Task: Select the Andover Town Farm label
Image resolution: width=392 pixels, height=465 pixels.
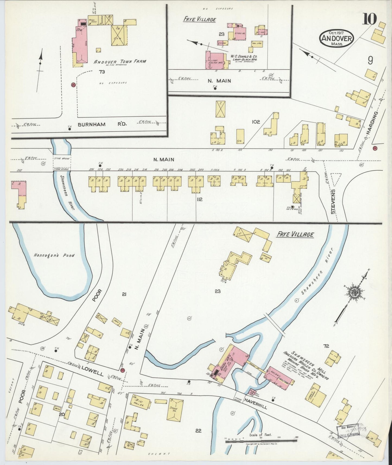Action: coord(120,61)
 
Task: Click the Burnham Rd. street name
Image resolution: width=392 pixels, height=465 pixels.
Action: coord(102,125)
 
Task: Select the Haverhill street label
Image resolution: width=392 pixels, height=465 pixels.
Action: coord(255,403)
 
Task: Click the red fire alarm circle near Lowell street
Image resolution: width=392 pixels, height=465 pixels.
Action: coord(122,370)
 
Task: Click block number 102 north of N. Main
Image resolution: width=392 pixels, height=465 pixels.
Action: coord(256,122)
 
